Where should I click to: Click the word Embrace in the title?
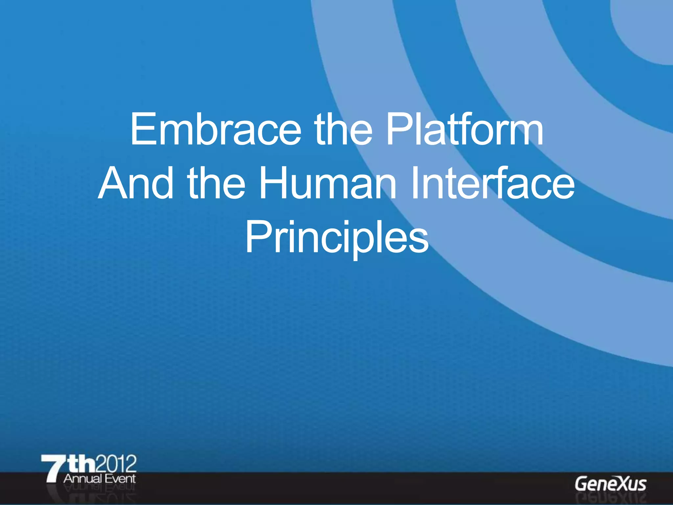[216, 130]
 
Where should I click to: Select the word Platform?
[464, 130]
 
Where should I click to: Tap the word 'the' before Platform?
[343, 130]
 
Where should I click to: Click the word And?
[136, 183]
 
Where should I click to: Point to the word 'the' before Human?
[216, 183]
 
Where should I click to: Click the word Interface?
[493, 183]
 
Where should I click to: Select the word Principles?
[337, 237]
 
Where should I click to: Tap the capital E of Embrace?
[140, 130]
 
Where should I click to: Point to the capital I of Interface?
[415, 183]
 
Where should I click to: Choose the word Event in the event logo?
[120, 479]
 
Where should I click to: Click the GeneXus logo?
[610, 484]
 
